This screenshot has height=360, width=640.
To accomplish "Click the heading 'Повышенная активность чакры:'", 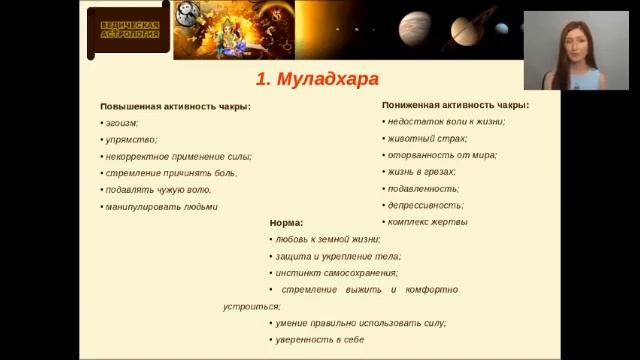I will pyautogui.click(x=175, y=106).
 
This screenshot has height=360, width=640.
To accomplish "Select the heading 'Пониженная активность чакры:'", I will pyautogui.click(x=455, y=104).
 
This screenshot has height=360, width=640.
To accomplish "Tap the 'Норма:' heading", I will pyautogui.click(x=286, y=222).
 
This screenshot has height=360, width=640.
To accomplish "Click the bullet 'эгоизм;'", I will pyautogui.click(x=121, y=123).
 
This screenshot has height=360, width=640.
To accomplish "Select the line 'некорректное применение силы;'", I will pyautogui.click(x=177, y=156).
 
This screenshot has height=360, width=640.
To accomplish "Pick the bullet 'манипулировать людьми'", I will pyautogui.click(x=161, y=207).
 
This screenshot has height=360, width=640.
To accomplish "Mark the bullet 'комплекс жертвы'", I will pyautogui.click(x=427, y=222).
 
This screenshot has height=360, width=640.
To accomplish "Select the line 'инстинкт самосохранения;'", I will pyautogui.click(x=336, y=273).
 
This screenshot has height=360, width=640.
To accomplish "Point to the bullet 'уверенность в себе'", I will pyautogui.click(x=319, y=340).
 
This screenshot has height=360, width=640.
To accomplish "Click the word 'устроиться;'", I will pyautogui.click(x=252, y=306).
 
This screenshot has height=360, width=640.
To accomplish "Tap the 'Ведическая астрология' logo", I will pyautogui.click(x=126, y=27).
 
